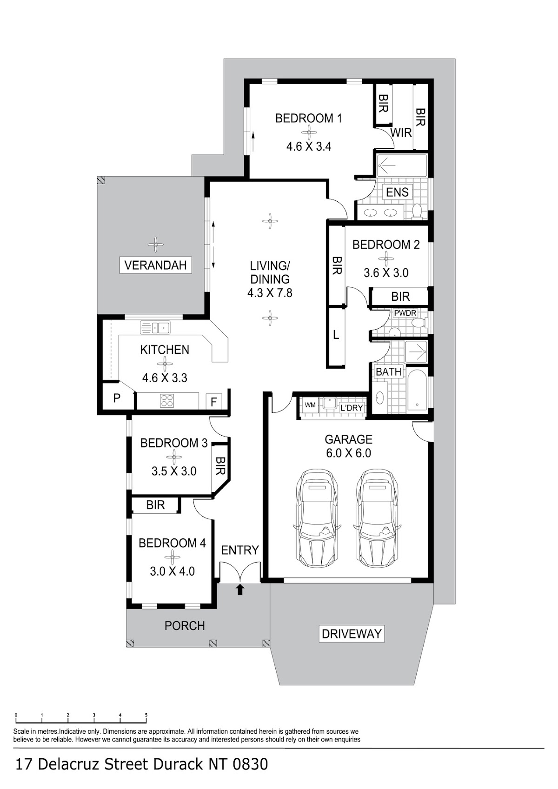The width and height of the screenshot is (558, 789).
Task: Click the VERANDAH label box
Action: point(155,265)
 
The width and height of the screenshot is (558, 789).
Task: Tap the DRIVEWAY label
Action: point(352,634)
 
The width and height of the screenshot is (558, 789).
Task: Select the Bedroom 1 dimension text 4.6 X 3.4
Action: point(309,146)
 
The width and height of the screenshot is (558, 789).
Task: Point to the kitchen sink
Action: point(155,327)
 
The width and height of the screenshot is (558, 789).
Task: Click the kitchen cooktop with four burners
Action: point(167,400)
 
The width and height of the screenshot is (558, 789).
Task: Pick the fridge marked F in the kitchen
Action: point(213,402)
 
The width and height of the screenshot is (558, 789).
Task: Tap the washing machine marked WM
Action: point(310,405)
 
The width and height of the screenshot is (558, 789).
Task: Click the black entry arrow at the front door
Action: point(240,590)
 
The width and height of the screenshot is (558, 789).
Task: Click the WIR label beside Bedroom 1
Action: point(401,133)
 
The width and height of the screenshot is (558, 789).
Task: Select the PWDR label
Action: point(405,313)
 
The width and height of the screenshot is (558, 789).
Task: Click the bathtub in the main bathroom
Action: point(418,390)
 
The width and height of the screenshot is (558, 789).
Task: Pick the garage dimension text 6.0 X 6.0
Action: point(348,453)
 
